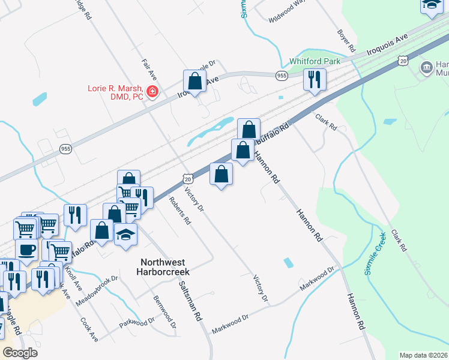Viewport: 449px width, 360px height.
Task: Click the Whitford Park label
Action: coord(315,61)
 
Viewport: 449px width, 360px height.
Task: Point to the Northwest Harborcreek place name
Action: coord(163,268)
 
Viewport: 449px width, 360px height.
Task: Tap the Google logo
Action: coord(20,352)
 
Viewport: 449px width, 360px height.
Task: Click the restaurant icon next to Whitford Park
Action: coord(315,79)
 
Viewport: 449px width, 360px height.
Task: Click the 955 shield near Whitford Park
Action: coord(282,75)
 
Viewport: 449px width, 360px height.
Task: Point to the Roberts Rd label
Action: coord(179,211)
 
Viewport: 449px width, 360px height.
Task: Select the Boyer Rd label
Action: coord(348,41)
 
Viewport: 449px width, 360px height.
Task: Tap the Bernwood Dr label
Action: coord(164,311)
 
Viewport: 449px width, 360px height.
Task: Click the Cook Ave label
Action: coord(89,329)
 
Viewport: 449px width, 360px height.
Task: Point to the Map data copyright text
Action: coord(424,355)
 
